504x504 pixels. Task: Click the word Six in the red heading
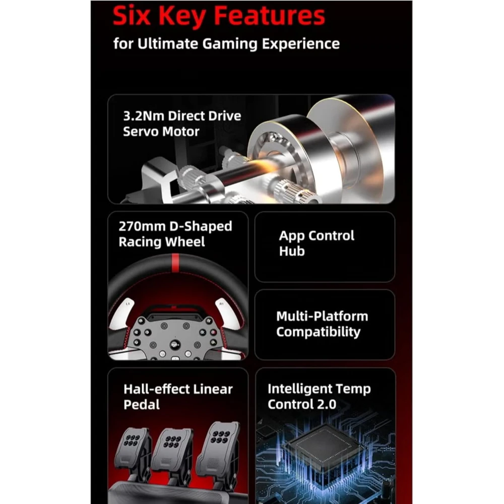pyautogui.click(x=131, y=16)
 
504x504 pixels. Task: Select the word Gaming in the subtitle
pyautogui.click(x=230, y=44)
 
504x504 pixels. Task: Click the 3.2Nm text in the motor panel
pyautogui.click(x=144, y=116)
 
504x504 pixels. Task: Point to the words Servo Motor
pyautogui.click(x=161, y=131)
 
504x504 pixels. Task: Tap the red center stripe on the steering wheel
pyautogui.click(x=175, y=263)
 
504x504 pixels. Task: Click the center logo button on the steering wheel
pyautogui.click(x=175, y=345)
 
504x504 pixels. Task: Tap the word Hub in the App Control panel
pyautogui.click(x=291, y=251)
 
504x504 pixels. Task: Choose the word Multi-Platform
pyautogui.click(x=322, y=317)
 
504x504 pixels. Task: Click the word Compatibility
pyautogui.click(x=318, y=332)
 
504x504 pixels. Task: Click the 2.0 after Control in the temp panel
pyautogui.click(x=327, y=404)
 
